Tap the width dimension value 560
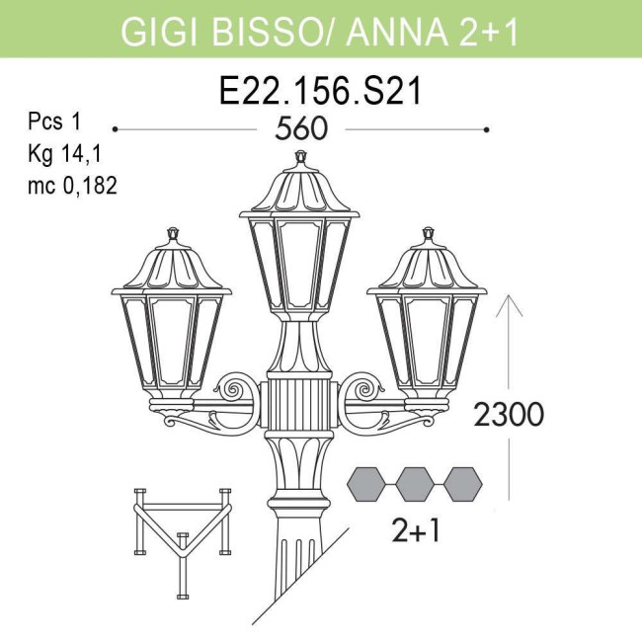click(x=301, y=130)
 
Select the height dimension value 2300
click(x=509, y=415)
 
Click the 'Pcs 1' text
click(x=53, y=123)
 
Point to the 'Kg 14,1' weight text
click(x=64, y=154)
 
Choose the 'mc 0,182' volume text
click(x=72, y=185)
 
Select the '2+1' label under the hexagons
click(x=417, y=531)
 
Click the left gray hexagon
click(x=367, y=484)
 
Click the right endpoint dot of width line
click(x=486, y=129)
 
